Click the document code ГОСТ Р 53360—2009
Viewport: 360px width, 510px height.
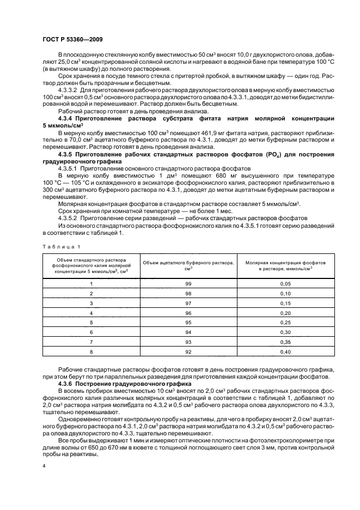[72, 39]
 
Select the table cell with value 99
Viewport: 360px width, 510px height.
[188, 284]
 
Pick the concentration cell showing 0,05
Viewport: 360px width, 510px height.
[285, 284]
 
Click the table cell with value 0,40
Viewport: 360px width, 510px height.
[285, 351]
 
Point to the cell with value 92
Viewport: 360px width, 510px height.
[188, 351]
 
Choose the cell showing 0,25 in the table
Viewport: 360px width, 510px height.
[285, 323]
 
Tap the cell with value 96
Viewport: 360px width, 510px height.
[188, 313]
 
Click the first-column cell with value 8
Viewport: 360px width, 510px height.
[91, 351]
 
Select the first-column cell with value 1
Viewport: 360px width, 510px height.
[91, 284]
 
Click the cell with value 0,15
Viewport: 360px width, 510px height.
[285, 303]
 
